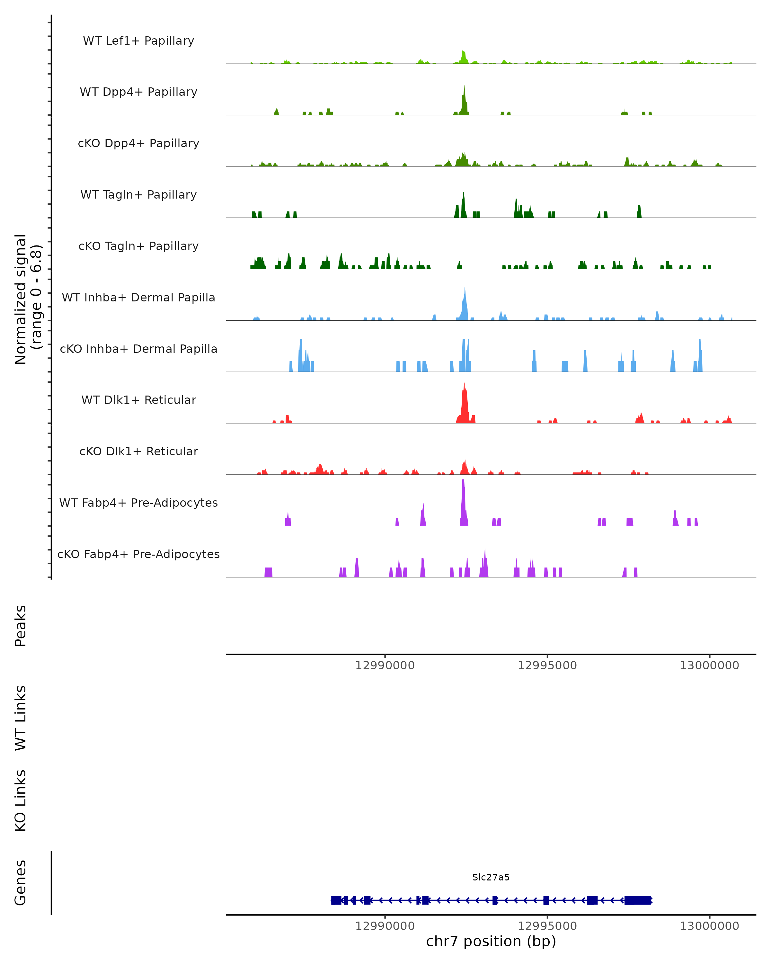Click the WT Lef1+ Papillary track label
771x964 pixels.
coord(138,41)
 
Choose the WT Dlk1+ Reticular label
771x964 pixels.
coord(138,400)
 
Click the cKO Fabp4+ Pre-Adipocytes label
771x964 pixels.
coord(138,554)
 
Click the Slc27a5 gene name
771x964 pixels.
coord(491,877)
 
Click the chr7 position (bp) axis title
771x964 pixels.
coord(491,941)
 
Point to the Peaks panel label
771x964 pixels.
coord(21,626)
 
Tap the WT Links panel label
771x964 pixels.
coord(21,718)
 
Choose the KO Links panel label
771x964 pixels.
coord(21,800)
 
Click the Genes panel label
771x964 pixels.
coord(21,883)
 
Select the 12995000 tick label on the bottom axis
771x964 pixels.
coord(547,926)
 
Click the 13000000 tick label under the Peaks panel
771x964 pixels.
coord(709,665)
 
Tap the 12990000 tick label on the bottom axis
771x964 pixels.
coord(385,926)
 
